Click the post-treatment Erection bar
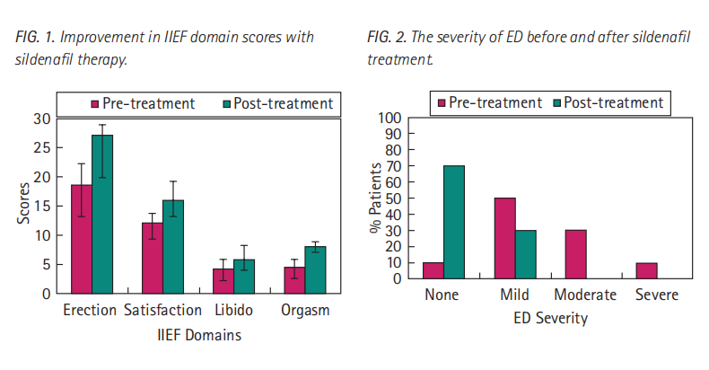[102, 215]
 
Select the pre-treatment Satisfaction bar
[153, 259]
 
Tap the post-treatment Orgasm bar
[315, 270]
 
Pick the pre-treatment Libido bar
[223, 281]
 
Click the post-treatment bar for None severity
[454, 222]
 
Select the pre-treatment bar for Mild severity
[504, 238]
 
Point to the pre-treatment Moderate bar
[575, 254]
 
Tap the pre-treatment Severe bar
[646, 270]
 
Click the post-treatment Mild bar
[525, 254]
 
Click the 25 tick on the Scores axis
[42, 148]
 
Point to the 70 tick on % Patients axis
[392, 166]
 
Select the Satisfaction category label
[162, 311]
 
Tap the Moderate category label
[585, 295]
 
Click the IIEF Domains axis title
[199, 335]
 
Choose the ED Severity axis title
[550, 319]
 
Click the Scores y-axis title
[23, 203]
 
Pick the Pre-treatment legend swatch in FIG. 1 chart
[95, 104]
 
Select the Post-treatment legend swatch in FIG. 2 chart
[557, 103]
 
